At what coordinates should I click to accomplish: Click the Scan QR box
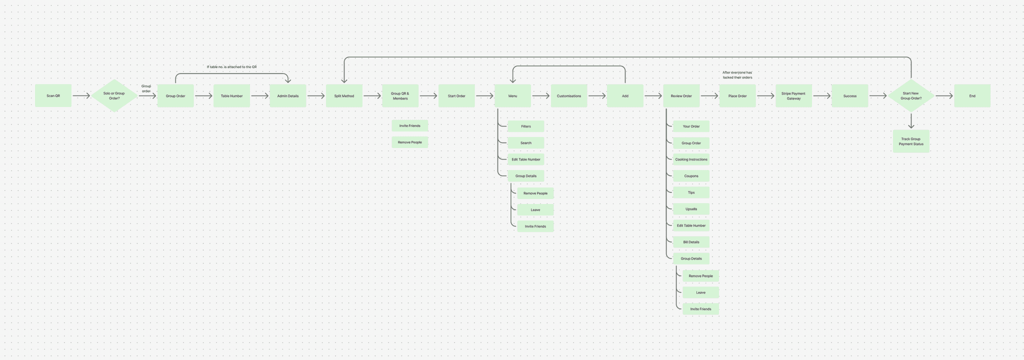point(53,95)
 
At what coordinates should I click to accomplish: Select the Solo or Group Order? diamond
point(114,95)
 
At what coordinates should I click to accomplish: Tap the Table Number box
point(231,95)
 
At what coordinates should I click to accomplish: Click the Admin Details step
point(287,95)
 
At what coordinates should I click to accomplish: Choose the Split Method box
point(344,95)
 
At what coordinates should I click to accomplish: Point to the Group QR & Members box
point(400,95)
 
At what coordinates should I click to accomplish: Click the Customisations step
point(569,95)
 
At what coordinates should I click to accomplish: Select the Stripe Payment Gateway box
point(793,95)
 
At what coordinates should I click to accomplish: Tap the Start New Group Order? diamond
point(911,95)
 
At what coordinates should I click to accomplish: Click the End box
point(972,95)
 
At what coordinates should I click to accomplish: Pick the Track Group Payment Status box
point(911,141)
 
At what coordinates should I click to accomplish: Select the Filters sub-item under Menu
point(526,126)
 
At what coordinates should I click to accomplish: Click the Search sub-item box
point(526,143)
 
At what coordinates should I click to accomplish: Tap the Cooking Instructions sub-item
point(691,159)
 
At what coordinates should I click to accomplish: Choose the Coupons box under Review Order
point(691,176)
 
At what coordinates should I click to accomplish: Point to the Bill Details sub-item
point(691,242)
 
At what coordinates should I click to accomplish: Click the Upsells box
point(691,209)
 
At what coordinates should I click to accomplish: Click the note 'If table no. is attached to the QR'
point(231,67)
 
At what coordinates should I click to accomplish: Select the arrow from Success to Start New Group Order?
point(878,96)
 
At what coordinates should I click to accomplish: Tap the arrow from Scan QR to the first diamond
point(81,96)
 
